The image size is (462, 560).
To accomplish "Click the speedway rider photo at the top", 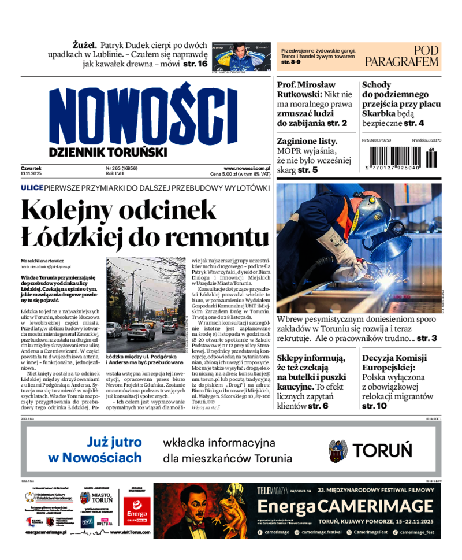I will click(x=241, y=57).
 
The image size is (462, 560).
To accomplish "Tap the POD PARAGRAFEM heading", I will click(x=401, y=56).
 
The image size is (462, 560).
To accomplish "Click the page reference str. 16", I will click(x=195, y=64).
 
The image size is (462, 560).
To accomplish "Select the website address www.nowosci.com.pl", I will click(x=247, y=168).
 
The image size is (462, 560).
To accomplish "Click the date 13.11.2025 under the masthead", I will click(x=33, y=173).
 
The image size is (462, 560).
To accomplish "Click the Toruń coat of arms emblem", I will click(x=337, y=451).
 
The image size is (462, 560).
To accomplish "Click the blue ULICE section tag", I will click(x=32, y=188).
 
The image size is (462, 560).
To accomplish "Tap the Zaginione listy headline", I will click(x=307, y=140).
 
